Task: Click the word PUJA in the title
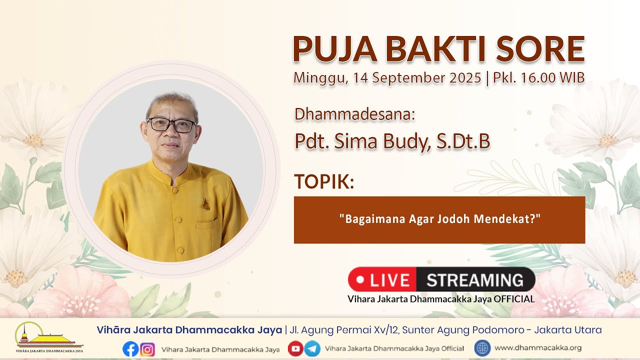(x=335, y=49)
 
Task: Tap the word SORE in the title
(x=540, y=49)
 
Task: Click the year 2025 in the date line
(x=465, y=77)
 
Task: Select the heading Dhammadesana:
(x=354, y=114)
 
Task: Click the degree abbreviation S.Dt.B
(x=463, y=141)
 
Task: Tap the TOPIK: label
(x=324, y=181)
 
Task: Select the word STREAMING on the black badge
(x=475, y=280)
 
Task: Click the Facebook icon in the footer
(x=130, y=349)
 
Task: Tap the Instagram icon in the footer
(x=147, y=349)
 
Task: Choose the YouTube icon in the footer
(x=295, y=348)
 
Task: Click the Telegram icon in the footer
(x=312, y=348)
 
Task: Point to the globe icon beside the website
(x=482, y=348)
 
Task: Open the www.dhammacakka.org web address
(x=538, y=348)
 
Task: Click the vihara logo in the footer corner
(x=49, y=337)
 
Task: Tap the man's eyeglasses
(x=171, y=125)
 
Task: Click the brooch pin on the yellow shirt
(x=206, y=204)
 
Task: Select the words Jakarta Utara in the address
(x=568, y=330)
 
